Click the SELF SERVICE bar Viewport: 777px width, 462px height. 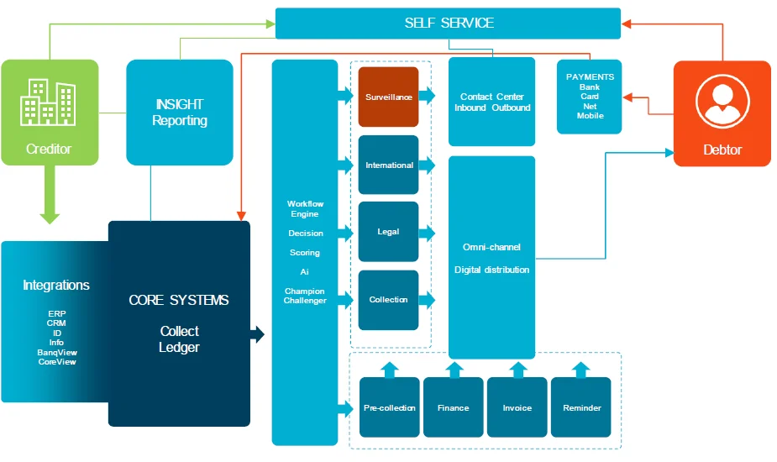448,23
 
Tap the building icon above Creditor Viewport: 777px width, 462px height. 49,102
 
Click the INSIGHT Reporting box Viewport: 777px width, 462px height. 180,113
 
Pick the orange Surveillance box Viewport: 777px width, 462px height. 388,97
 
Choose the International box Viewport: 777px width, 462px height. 388,165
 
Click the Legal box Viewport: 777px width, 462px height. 388,232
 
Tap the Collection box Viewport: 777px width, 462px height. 388,300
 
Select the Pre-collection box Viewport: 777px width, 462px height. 389,407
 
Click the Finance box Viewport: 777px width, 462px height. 453,407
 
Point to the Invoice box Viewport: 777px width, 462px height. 517,407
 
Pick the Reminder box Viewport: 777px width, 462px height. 581,407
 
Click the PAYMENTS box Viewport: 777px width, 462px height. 589,97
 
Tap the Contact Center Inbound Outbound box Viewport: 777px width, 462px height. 492,102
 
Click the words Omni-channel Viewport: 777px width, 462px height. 491,247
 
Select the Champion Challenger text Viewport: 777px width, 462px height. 305,296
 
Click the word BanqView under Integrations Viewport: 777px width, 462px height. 57,352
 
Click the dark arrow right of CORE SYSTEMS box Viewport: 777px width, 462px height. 258,334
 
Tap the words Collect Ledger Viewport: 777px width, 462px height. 179,339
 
